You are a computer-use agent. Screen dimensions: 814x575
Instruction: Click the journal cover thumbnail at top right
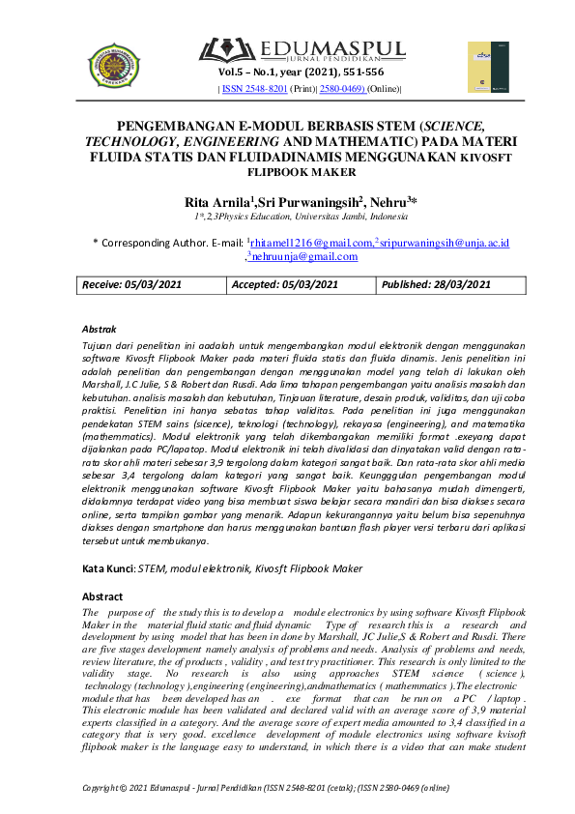click(487, 67)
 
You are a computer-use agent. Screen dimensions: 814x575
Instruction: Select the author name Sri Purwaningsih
click(308, 202)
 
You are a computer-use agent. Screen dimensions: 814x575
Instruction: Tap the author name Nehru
click(388, 202)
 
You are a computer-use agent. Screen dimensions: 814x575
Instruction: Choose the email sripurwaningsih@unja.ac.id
click(445, 243)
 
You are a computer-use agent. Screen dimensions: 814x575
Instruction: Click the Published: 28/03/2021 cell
click(436, 284)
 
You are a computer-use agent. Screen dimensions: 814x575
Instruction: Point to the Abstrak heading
click(100, 330)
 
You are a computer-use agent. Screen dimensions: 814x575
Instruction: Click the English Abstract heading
click(102, 597)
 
